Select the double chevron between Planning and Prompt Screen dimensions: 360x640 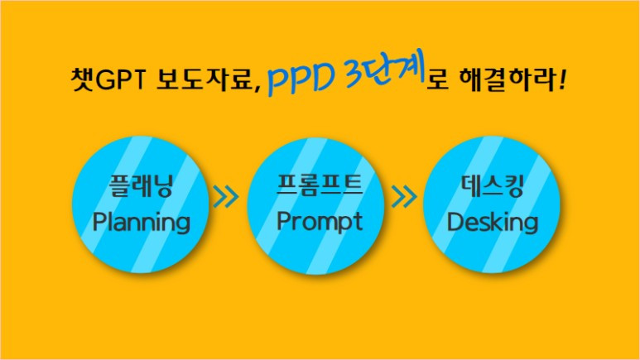[x=225, y=198]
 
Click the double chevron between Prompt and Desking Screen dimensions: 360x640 [x=403, y=198]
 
